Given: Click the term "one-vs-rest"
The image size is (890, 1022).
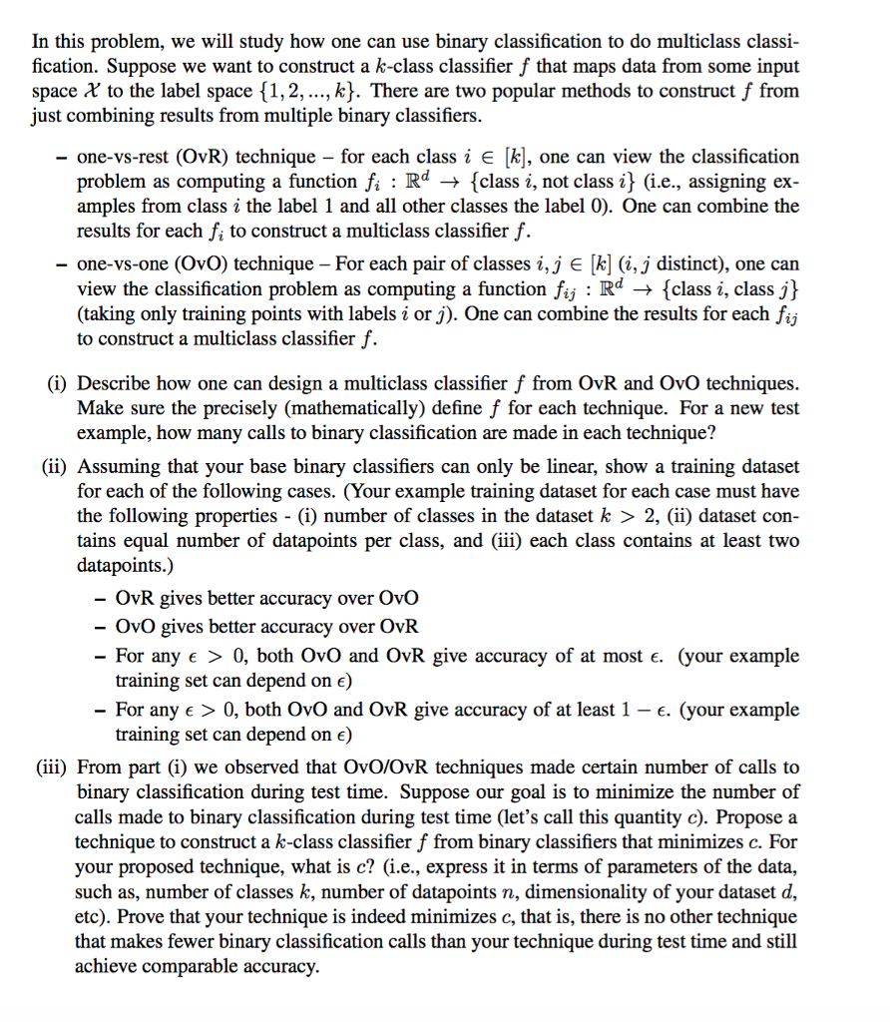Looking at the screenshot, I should [121, 157].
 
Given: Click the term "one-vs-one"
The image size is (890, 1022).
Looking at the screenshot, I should [121, 263].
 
